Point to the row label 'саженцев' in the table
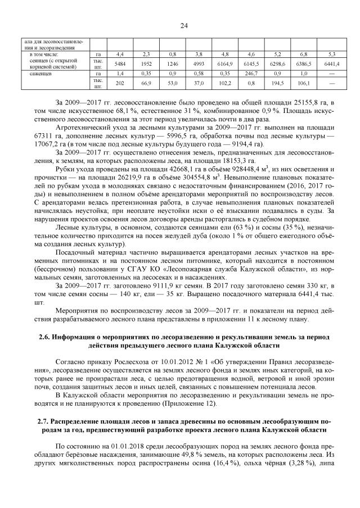[35, 74]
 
